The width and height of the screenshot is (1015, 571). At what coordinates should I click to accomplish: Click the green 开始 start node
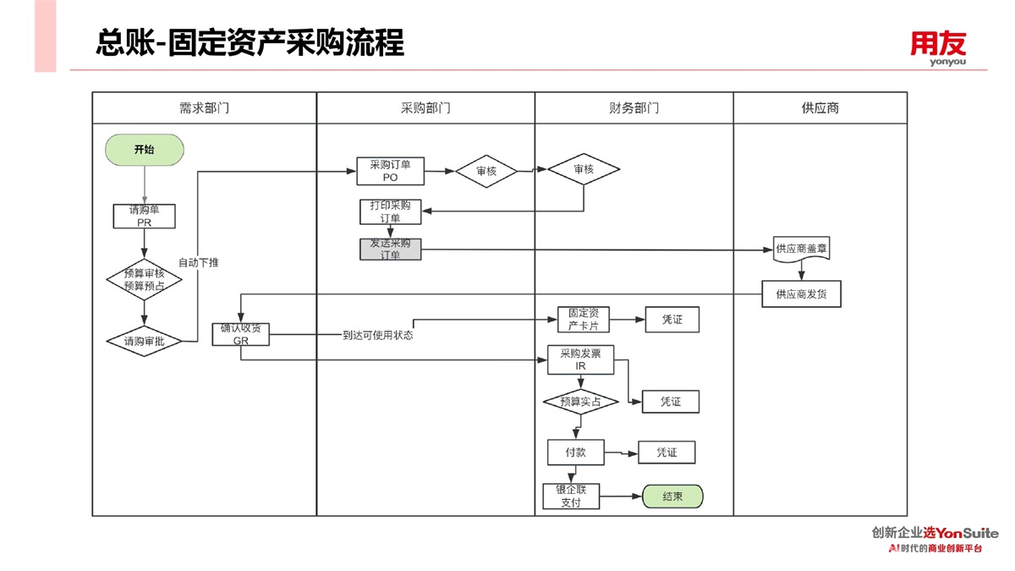145,150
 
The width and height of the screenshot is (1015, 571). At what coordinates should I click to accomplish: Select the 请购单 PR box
145,217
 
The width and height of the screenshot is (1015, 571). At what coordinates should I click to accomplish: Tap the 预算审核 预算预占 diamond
145,279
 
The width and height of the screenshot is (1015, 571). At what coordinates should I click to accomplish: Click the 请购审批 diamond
145,342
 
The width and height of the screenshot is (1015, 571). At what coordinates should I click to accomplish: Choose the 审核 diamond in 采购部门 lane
486,172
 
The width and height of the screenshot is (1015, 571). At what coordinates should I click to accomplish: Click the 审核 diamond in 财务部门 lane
584,170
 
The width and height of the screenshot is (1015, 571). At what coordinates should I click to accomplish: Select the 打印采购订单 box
390,211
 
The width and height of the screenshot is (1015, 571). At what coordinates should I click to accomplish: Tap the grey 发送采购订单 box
390,250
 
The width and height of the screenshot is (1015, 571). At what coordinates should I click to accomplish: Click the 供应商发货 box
801,294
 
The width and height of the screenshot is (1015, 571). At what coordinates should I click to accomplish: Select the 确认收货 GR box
241,334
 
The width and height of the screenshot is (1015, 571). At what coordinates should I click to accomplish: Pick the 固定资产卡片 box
583,320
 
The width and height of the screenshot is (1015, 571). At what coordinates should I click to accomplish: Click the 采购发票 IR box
580,360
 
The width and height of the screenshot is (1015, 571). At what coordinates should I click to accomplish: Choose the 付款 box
576,453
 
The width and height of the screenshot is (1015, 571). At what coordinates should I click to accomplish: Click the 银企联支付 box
571,497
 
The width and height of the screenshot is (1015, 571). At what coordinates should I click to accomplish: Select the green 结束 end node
672,497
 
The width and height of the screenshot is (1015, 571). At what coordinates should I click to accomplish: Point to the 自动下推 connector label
199,263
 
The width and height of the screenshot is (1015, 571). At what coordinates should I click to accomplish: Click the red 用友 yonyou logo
937,47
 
